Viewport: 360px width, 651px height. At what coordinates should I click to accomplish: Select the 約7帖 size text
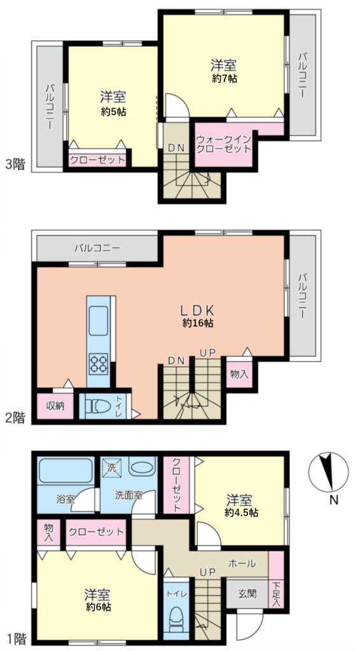click(225, 78)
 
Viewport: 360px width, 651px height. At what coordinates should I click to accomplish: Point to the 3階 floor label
click(15, 165)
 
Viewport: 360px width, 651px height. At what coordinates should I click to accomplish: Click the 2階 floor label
click(15, 418)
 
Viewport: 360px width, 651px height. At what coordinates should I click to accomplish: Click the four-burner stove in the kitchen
click(99, 364)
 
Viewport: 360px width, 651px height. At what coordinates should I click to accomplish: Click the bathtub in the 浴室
click(66, 471)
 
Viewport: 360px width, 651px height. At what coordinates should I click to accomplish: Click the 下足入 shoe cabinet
click(276, 580)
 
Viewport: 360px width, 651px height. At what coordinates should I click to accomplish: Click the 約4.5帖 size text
click(242, 513)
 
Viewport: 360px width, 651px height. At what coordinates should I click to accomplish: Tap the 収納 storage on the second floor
click(55, 406)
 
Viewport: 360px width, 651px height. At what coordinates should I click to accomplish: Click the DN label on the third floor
click(176, 147)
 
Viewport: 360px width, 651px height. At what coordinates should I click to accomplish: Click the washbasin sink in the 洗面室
click(142, 466)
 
